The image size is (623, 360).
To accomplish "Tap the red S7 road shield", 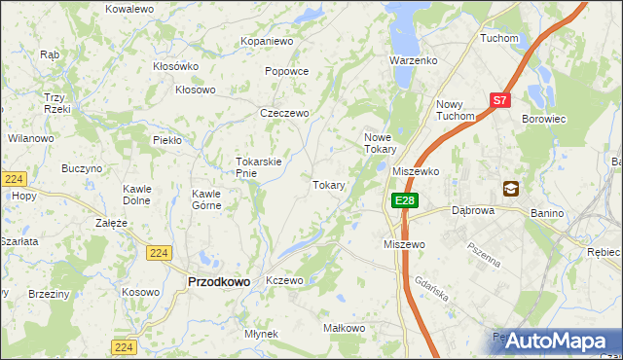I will [x=499, y=99].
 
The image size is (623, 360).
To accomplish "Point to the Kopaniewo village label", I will [x=268, y=42].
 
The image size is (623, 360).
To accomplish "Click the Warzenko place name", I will [x=414, y=60].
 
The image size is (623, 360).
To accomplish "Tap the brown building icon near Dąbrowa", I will [x=511, y=189].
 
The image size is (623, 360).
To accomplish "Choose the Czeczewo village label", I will [x=284, y=113].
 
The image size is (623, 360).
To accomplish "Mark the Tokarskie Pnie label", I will [x=259, y=167].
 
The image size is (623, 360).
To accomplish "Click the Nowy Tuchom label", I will [x=456, y=110].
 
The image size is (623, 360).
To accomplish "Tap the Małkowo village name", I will [x=344, y=329].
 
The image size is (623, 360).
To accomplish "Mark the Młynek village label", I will [x=262, y=334].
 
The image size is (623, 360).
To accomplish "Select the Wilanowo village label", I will [x=31, y=138].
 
